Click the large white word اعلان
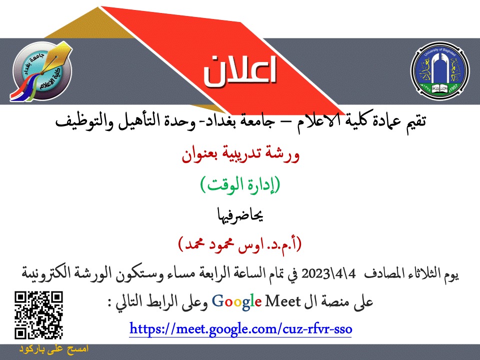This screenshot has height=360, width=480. (x=240, y=71)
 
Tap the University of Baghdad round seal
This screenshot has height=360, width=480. (x=439, y=70)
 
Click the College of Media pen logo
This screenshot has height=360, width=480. (x=41, y=71)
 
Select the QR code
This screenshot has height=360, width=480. (x=38, y=315)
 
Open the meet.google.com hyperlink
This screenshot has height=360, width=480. (x=240, y=329)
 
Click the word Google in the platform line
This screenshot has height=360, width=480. (x=236, y=302)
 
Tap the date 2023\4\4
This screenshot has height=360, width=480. (x=328, y=273)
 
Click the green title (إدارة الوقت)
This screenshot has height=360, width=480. (x=240, y=185)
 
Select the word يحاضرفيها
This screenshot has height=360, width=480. (x=240, y=215)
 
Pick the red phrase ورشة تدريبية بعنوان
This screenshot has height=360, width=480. (x=240, y=155)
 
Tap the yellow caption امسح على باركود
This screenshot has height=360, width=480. (x=54, y=349)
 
